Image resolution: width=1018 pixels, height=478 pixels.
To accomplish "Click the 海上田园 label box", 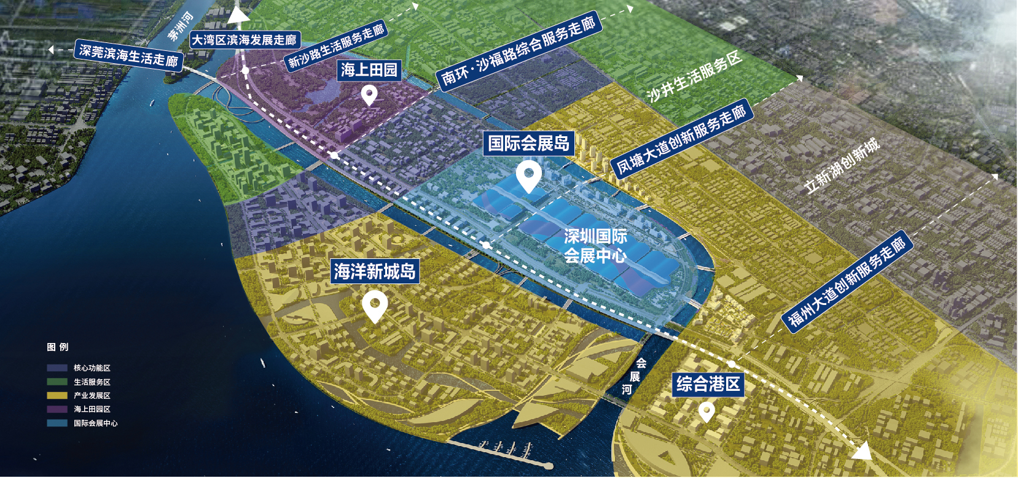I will click(x=369, y=70).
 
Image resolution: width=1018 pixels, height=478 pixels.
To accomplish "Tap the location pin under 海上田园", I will click(x=369, y=95).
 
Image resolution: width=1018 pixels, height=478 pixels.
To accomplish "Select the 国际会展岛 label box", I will click(x=528, y=143).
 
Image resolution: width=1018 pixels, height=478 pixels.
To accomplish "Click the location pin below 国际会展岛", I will click(x=528, y=175).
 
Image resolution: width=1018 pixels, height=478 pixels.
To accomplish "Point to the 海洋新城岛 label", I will click(x=375, y=271).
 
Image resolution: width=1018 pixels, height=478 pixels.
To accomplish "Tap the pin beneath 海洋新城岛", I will click(x=375, y=306).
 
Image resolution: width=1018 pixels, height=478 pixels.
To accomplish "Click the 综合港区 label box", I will click(x=708, y=385).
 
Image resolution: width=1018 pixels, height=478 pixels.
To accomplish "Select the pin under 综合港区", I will click(x=707, y=411).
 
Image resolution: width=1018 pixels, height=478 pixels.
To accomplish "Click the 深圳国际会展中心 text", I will click(x=595, y=245).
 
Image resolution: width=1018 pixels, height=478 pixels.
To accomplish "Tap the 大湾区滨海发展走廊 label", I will click(x=245, y=40).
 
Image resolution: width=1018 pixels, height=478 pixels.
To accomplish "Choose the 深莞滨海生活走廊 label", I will click(x=128, y=55).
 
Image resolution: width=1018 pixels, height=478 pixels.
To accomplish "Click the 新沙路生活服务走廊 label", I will click(x=336, y=46).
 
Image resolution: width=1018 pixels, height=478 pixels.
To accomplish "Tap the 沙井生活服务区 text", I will click(x=694, y=77).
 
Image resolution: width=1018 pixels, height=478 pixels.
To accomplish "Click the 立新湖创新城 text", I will click(x=842, y=166).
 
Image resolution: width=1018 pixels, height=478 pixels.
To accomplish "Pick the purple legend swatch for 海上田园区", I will click(x=57, y=409).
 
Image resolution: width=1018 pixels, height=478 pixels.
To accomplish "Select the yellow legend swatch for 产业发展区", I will click(x=57, y=396).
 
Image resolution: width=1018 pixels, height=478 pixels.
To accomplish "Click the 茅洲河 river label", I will click(x=181, y=26).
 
